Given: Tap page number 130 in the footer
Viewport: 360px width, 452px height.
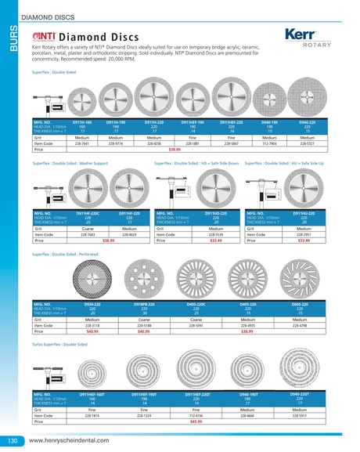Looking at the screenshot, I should pyautogui.click(x=13, y=441).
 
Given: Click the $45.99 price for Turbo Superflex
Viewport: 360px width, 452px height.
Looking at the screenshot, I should pyautogui.click(x=196, y=421).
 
